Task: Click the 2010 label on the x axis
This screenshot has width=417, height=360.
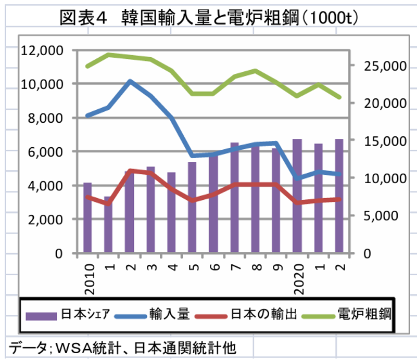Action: pyautogui.click(x=88, y=273)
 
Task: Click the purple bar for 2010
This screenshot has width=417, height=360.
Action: pyautogui.click(x=87, y=218)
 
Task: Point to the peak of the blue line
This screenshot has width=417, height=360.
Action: pyautogui.click(x=130, y=81)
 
